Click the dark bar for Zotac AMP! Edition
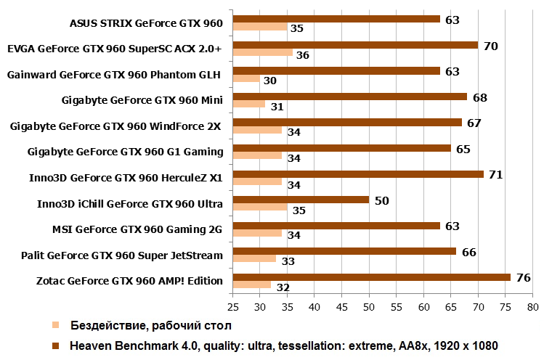tap(371, 277)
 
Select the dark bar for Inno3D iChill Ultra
tap(301, 200)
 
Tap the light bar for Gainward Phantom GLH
tap(245, 79)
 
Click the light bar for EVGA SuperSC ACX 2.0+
tap(262, 53)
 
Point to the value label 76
tap(522, 277)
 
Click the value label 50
tap(381, 200)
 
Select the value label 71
tap(495, 174)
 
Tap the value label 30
tap(269, 81)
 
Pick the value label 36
tap(303, 54)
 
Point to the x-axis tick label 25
tap(232, 308)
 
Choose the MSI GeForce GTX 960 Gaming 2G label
tap(137, 229)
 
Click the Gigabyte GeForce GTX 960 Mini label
tap(142, 100)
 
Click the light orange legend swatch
tap(56, 324)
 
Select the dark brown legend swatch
tap(56, 345)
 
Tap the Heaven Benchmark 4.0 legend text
tap(284, 345)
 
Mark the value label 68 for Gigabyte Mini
tap(479, 97)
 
